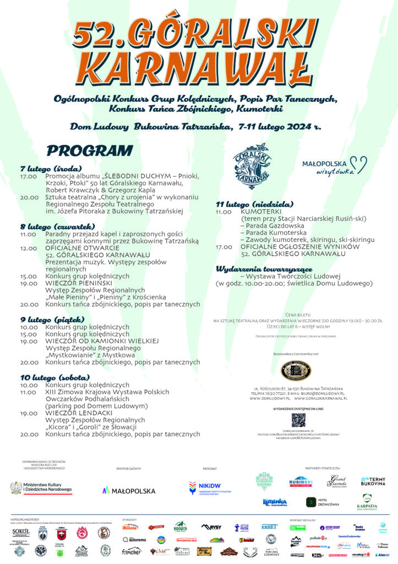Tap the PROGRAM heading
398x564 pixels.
point(90,150)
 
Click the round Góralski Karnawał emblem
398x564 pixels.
point(250,163)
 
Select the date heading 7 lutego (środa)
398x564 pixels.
point(51,168)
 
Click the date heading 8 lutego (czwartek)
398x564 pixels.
point(58,226)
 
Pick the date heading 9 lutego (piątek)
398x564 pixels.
point(52,319)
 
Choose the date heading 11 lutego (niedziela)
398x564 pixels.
point(254,204)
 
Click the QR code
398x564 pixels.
point(298,420)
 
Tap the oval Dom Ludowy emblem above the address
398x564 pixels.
point(296,370)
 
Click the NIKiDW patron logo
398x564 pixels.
point(210,487)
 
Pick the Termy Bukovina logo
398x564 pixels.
point(373,481)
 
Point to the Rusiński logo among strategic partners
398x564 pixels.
point(301,482)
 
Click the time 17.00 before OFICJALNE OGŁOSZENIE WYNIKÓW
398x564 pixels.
point(223,247)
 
